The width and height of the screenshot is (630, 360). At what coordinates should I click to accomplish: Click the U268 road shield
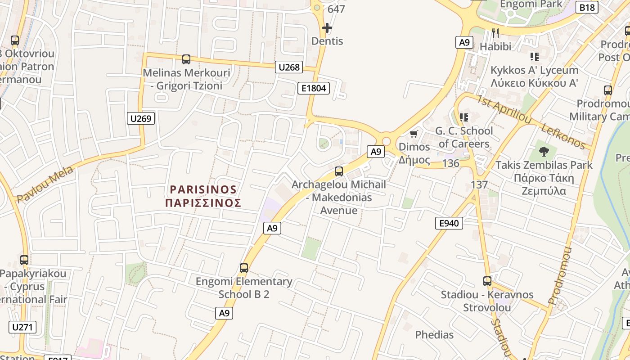click(x=289, y=67)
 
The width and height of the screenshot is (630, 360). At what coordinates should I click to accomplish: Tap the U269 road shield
click(x=141, y=118)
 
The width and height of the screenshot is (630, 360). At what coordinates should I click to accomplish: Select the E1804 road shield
click(x=314, y=88)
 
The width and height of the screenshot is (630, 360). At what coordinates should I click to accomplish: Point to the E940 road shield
click(x=449, y=223)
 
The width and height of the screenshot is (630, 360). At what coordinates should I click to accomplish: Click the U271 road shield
click(x=22, y=327)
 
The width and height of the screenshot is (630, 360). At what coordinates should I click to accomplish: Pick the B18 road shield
click(x=587, y=7)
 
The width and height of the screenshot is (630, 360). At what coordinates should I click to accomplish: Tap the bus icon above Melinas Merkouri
click(x=186, y=59)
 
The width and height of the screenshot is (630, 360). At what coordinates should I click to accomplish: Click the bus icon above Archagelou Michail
click(x=339, y=171)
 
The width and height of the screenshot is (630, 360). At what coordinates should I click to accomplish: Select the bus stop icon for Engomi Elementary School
click(x=244, y=268)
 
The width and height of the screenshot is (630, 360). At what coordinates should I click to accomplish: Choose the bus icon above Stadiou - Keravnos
click(x=487, y=281)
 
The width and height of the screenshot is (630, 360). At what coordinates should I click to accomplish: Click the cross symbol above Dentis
click(x=327, y=28)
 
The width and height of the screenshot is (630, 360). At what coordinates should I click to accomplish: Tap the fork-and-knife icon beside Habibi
click(x=495, y=33)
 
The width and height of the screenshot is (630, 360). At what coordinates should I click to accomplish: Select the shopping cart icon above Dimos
click(x=414, y=134)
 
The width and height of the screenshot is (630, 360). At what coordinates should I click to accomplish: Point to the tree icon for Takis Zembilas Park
click(x=544, y=151)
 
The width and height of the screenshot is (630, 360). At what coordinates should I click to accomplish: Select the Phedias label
click(x=434, y=335)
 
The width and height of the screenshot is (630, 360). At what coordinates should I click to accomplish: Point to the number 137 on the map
click(x=479, y=184)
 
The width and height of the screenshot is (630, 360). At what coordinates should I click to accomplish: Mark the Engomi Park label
click(x=531, y=4)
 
